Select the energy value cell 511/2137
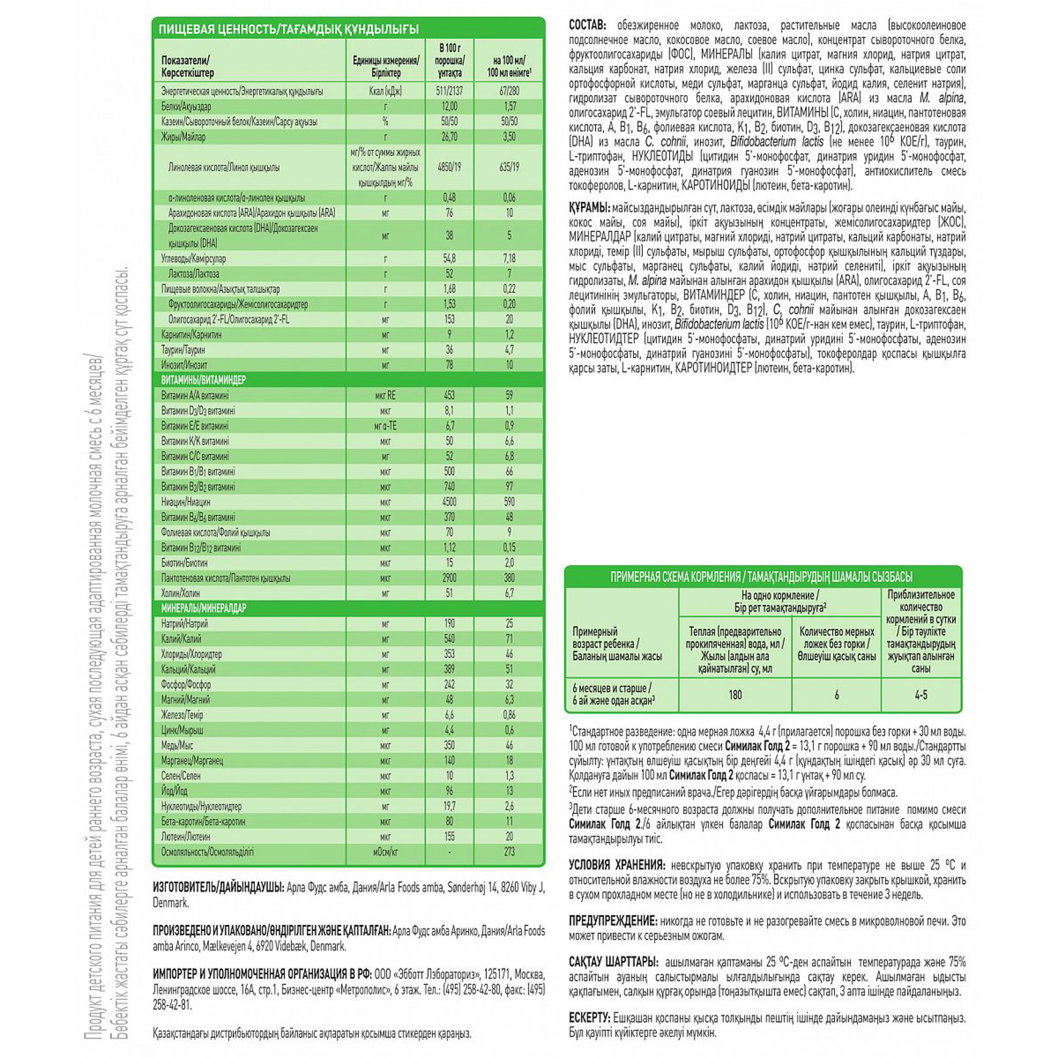(x=449, y=92)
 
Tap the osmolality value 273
(x=509, y=852)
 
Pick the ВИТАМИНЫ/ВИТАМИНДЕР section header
(x=203, y=380)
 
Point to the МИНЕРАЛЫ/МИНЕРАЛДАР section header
(x=203, y=608)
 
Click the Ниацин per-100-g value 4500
(x=449, y=501)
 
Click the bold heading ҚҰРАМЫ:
(x=589, y=208)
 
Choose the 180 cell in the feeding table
(x=735, y=695)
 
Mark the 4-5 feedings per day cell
(x=920, y=695)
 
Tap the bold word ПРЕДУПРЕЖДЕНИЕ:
(x=612, y=921)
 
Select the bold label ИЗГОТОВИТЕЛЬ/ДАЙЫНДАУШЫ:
(x=218, y=887)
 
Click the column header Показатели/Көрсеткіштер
(x=188, y=67)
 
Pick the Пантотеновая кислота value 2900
(x=449, y=578)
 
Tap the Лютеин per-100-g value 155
(x=449, y=836)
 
